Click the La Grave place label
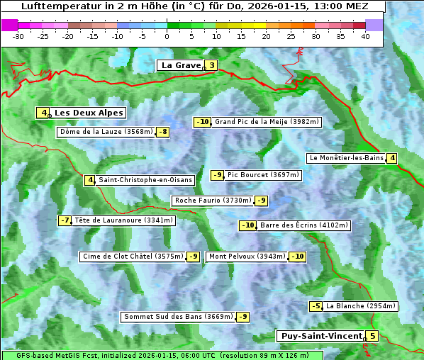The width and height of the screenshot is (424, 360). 181,65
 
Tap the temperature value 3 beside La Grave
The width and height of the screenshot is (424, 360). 211,66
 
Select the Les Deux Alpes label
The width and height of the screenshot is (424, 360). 89,113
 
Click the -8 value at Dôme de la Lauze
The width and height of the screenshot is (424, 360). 163,132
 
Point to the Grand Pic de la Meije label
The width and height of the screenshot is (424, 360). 267,122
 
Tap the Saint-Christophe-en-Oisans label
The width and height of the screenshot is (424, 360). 145,180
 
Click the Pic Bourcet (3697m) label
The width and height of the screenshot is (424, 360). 264,175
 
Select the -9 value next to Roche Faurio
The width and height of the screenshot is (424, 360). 262,201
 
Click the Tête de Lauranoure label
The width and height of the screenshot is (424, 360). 123,220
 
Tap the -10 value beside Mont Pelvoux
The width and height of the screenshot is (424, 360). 297,257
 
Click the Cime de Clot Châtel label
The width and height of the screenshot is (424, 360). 133,257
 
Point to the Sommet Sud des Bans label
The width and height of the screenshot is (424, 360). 178,317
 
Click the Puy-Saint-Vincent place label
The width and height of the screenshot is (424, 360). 320,336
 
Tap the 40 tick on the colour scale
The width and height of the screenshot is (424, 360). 365,36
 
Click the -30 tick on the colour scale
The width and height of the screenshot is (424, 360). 18,36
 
